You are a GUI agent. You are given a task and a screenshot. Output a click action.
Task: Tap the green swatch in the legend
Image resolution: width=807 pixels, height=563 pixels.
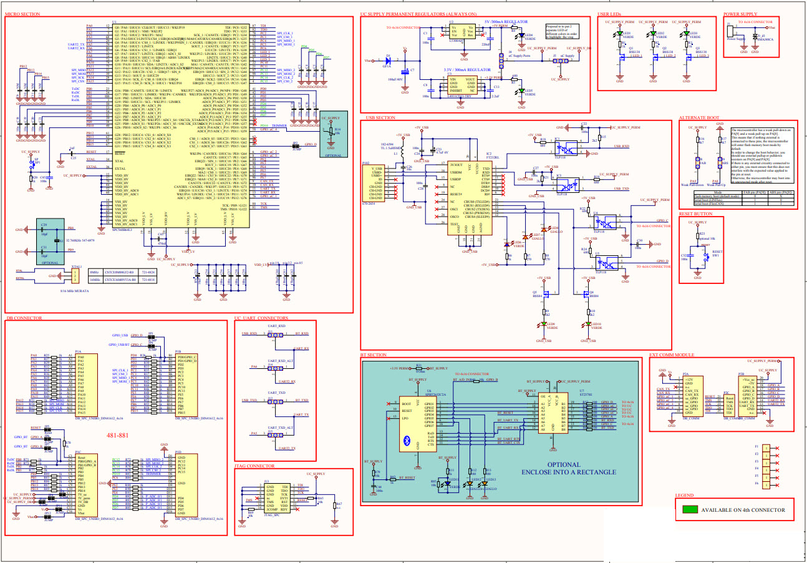[x=689, y=509]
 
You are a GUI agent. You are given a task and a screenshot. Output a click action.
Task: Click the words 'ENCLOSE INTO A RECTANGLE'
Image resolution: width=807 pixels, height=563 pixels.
[x=563, y=472]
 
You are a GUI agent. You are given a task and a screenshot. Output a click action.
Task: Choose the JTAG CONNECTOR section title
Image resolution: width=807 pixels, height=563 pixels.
[x=255, y=466]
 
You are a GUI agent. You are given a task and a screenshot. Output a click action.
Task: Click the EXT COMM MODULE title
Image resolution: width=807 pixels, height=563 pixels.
[x=672, y=355]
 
